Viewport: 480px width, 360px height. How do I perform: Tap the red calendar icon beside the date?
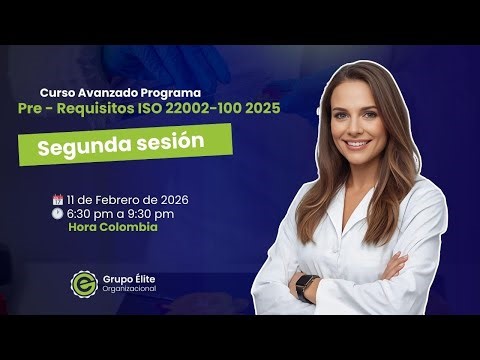(57, 199)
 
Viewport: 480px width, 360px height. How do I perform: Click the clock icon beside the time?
(57, 213)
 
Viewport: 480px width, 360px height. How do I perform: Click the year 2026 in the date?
(171, 199)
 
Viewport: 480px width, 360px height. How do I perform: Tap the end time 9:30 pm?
(150, 213)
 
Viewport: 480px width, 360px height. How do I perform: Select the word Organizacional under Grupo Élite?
(127, 289)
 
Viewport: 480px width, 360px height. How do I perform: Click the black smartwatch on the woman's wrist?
(306, 286)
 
